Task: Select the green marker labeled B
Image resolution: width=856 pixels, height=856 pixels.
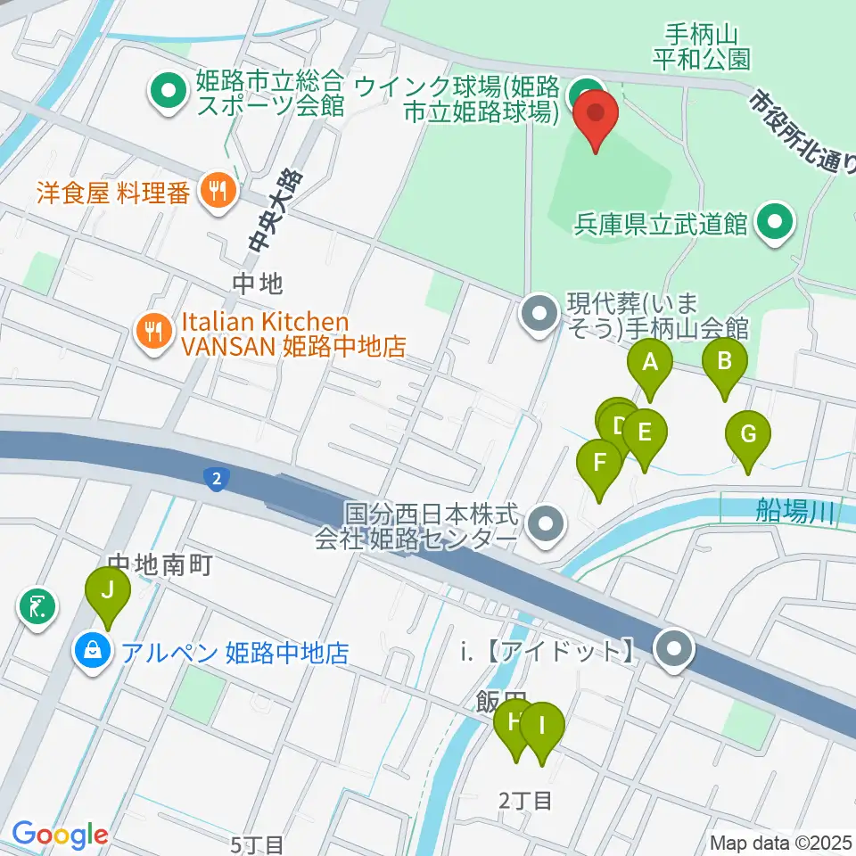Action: pyautogui.click(x=725, y=362)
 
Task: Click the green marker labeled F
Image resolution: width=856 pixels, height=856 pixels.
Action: pyautogui.click(x=599, y=464)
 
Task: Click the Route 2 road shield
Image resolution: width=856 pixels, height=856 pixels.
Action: pyautogui.click(x=215, y=480)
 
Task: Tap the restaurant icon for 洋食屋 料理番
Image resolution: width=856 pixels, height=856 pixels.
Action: pyautogui.click(x=218, y=189)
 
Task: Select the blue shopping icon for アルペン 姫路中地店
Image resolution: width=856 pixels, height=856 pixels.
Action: pyautogui.click(x=92, y=652)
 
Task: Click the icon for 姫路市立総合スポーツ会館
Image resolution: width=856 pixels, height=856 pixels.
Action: pyautogui.click(x=167, y=92)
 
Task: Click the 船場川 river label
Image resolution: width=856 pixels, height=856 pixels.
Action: pyautogui.click(x=794, y=511)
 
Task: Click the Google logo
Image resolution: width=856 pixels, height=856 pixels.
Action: pyautogui.click(x=60, y=835)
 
